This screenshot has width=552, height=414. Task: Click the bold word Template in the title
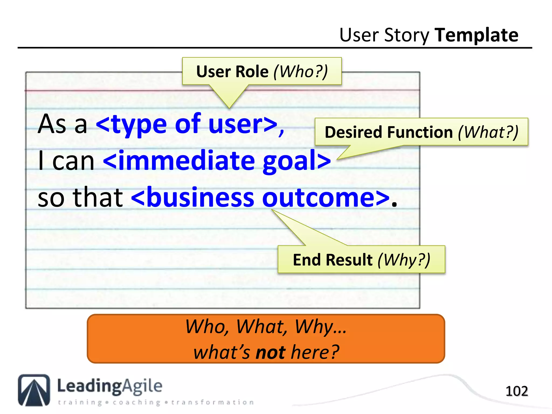[x=476, y=35]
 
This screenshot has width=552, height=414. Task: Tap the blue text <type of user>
[x=190, y=125]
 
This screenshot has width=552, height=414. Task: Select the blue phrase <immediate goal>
[x=217, y=161]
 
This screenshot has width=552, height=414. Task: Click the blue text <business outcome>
[x=260, y=198]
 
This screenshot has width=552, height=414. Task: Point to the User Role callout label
[x=232, y=72]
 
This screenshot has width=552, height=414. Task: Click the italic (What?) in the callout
[x=488, y=132]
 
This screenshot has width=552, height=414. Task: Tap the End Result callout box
[x=361, y=259]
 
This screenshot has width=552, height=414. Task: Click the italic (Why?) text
[x=404, y=260]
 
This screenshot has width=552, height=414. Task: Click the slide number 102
[x=516, y=391]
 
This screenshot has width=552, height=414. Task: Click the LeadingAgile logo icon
[x=34, y=390]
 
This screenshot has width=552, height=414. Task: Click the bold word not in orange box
[x=270, y=352]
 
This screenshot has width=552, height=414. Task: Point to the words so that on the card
[x=80, y=198]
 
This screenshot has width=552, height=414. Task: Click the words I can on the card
[x=66, y=161]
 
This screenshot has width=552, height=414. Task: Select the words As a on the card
[x=63, y=125]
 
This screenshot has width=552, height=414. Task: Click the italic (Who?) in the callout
[x=301, y=72]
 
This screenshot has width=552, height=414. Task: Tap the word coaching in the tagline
[x=137, y=402]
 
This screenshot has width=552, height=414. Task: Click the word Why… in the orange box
[x=320, y=327]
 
